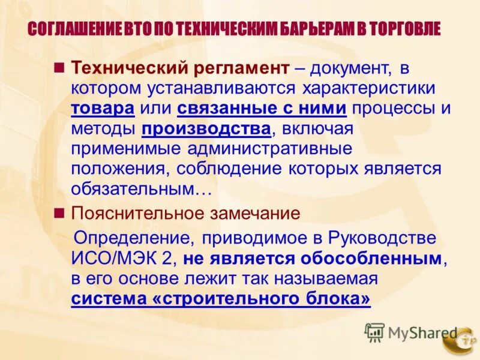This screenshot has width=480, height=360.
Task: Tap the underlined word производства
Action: (206, 128)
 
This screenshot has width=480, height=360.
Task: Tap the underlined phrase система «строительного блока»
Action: (221, 299)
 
